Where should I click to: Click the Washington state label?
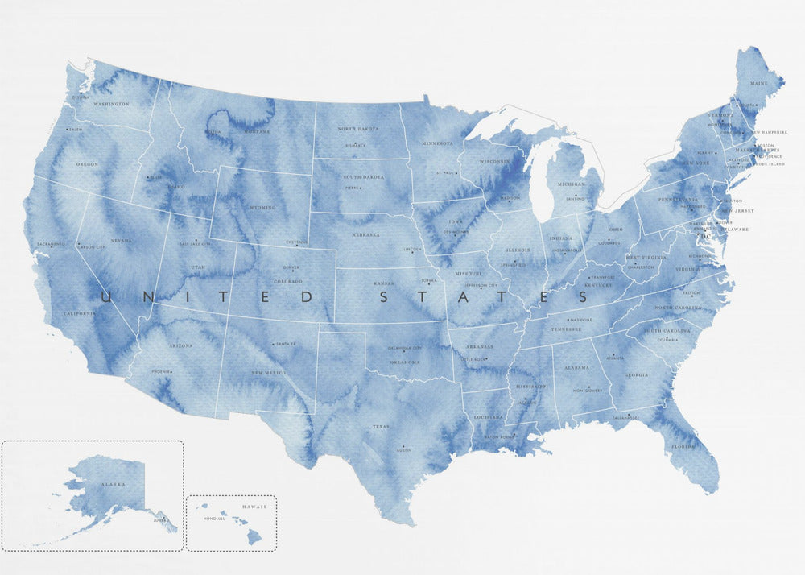tap(111, 104)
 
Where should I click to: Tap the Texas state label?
tap(381, 427)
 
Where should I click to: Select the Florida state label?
tap(683, 445)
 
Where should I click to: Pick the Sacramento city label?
tap(50, 243)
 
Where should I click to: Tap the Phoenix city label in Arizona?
tap(162, 371)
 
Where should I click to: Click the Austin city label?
tap(404, 450)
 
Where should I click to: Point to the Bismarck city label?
tap(356, 146)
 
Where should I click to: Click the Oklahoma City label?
tap(406, 348)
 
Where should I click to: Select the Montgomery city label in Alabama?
tap(588, 389)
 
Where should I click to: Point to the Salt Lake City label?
tap(194, 242)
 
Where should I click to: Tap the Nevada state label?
tap(121, 240)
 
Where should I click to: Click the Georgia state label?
tap(636, 375)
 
